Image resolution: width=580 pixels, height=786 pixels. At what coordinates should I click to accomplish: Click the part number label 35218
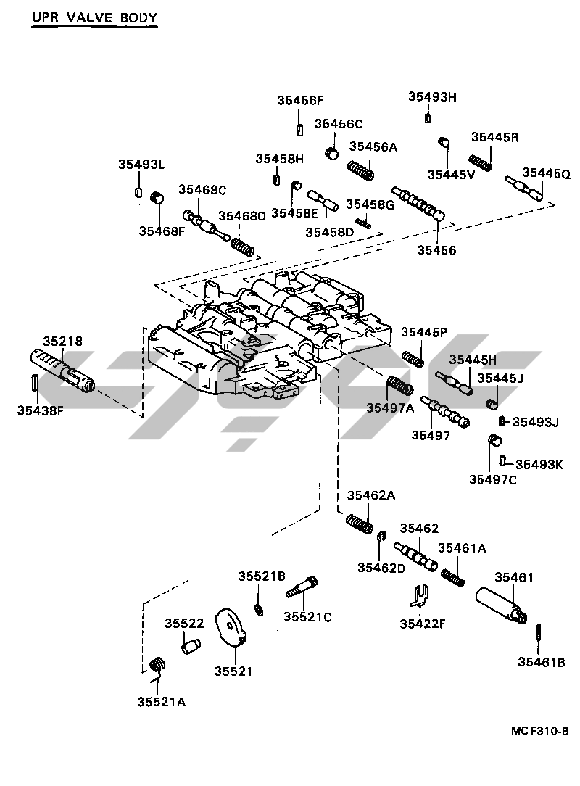coord(62,340)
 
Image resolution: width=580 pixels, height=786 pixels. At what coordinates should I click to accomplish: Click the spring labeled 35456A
coord(360,171)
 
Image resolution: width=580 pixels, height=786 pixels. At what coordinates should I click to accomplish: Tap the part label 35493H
coord(432,96)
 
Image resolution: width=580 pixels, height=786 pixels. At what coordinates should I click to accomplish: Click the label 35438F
coord(41,410)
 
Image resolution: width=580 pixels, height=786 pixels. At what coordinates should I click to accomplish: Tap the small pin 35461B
coord(539,631)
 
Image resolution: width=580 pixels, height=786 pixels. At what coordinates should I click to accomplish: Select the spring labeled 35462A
coord(360,523)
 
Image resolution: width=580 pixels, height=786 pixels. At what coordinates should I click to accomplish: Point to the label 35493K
coord(539,464)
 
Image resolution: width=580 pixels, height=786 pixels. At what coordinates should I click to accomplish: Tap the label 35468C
coord(203,190)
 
